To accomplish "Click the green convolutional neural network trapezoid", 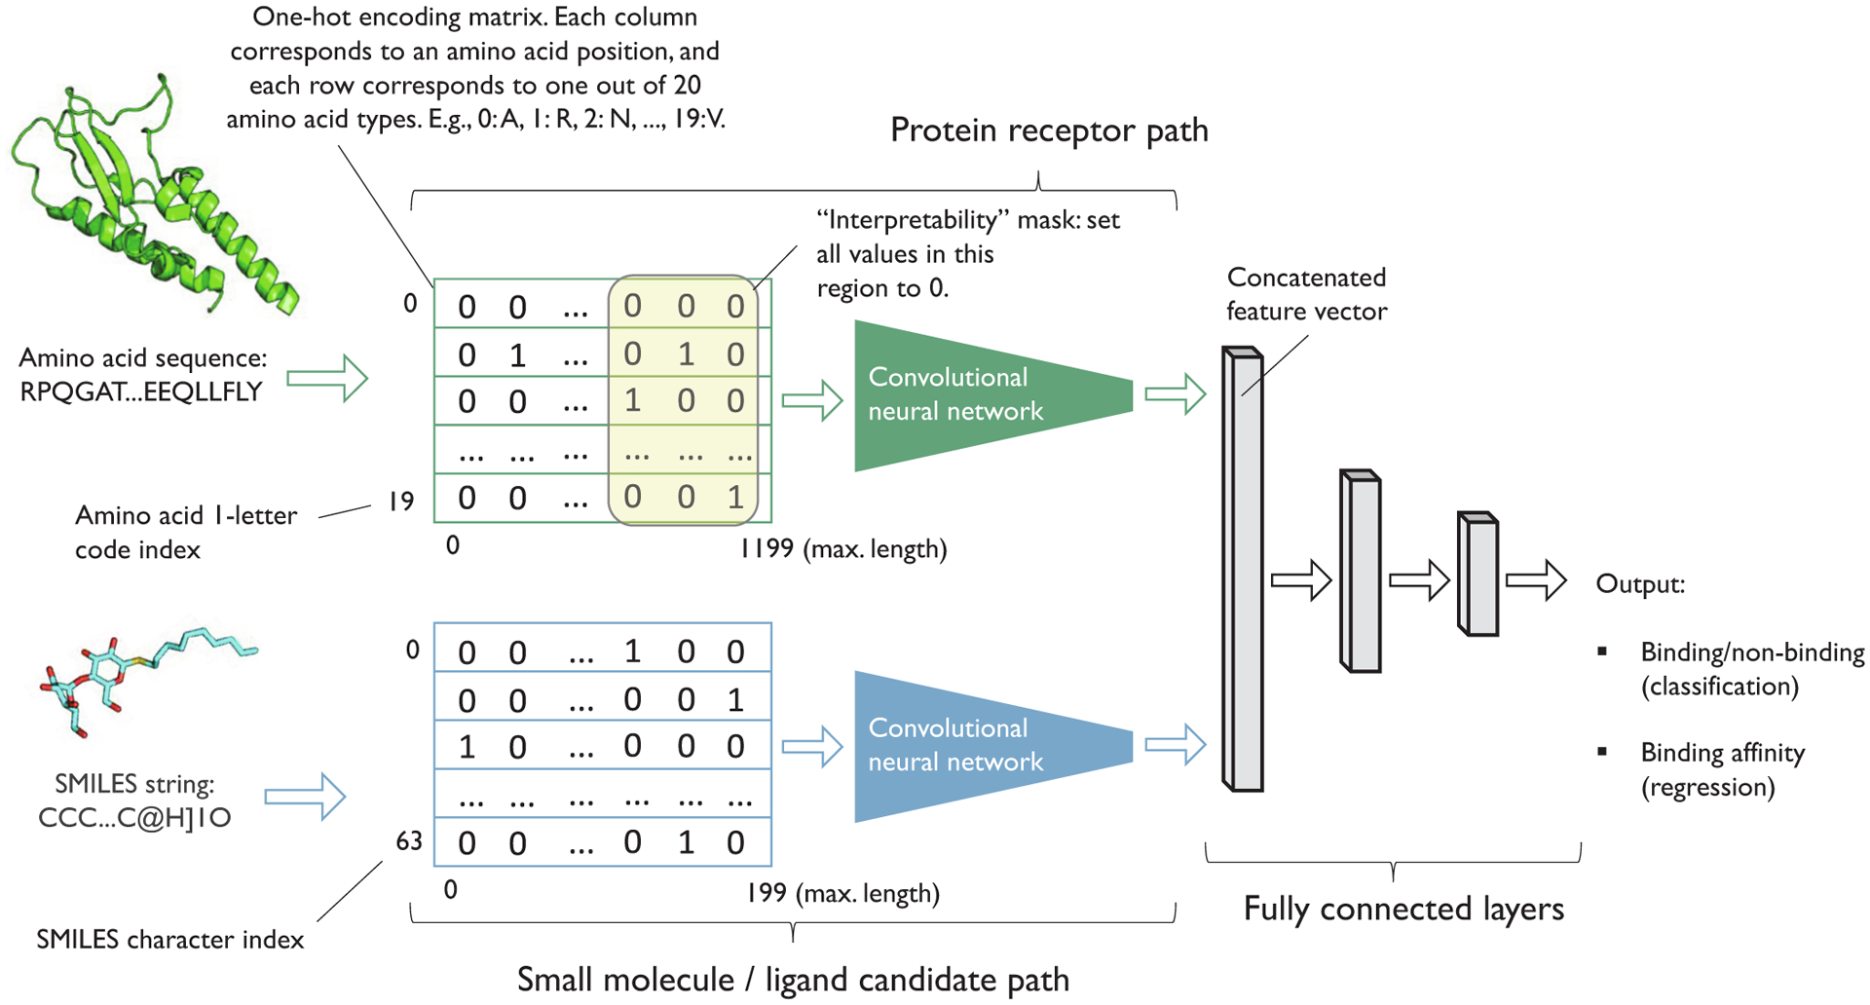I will coord(974,394).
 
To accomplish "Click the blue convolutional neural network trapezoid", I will coord(974,745).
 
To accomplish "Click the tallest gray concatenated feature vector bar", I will coord(1243,570).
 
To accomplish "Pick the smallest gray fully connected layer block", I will coord(1477,575).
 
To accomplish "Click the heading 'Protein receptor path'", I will coord(1049,130).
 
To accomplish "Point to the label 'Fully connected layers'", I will coord(1402,909).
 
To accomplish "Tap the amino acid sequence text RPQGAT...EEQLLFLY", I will coord(142,391).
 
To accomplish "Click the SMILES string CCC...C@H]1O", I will coord(134,817).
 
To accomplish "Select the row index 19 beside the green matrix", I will coord(401,502).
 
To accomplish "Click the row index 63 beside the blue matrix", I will coord(409,840).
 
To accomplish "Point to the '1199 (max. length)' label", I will coord(842,548).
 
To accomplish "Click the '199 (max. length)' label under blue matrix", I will coord(842,893).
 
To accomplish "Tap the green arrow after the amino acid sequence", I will coord(327,378).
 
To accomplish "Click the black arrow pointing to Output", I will coord(1536,580).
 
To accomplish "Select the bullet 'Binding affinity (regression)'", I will coord(1722,769).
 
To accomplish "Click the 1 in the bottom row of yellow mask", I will coord(735,498).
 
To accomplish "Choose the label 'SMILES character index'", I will coord(170,940).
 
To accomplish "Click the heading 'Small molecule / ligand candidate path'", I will coord(793,980).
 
